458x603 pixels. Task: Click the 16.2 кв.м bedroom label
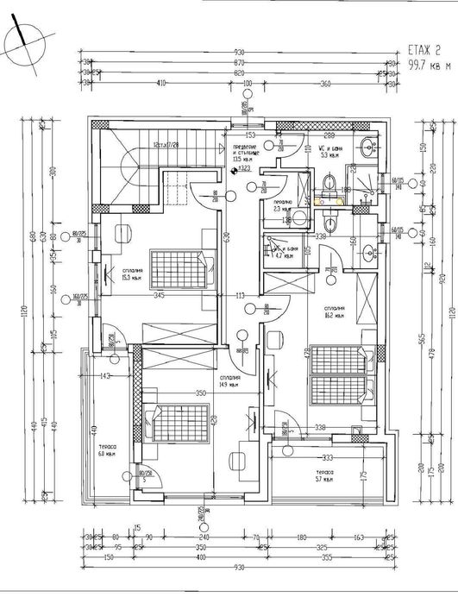coord(336,311)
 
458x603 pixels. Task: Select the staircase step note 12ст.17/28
coord(164,145)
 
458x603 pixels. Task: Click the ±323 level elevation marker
coord(245,170)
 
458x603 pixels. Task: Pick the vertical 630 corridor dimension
coord(227,238)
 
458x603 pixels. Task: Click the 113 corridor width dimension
coord(242,295)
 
